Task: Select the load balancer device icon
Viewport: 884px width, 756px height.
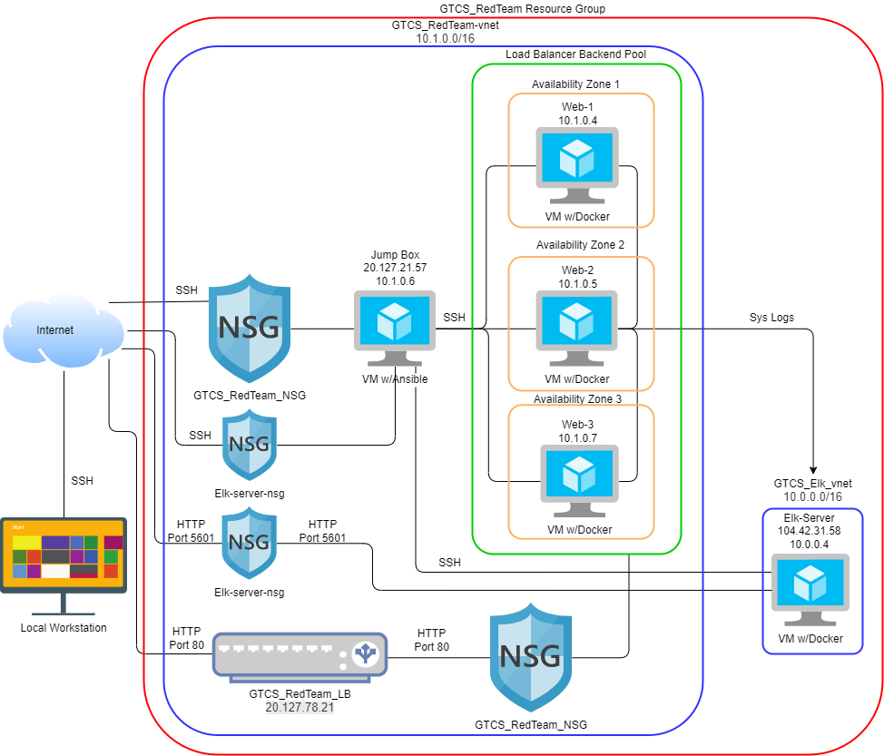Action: [300, 653]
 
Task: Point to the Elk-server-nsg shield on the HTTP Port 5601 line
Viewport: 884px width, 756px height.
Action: [249, 543]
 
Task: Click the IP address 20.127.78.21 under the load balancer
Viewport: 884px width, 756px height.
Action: [300, 707]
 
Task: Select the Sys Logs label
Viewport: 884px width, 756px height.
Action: [771, 318]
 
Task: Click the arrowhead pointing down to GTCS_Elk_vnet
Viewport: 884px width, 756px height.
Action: [812, 459]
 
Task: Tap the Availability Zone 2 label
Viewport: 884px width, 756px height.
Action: [580, 245]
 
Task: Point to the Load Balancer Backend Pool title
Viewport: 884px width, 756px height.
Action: [575, 54]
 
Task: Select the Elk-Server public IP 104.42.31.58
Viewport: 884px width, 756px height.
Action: [810, 530]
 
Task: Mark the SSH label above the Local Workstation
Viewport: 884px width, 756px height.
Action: [82, 481]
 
